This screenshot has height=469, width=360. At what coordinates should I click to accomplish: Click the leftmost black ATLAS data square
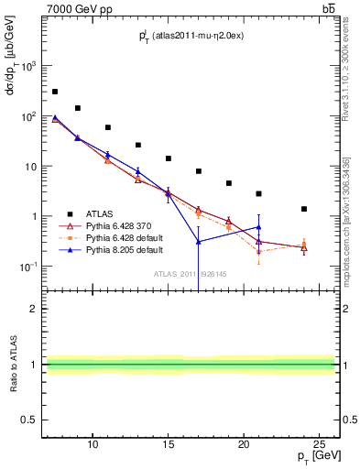pos(55,92)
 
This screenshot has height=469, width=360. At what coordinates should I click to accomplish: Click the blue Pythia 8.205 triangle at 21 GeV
pos(258,227)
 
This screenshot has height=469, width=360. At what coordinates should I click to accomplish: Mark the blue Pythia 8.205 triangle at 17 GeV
pos(199,242)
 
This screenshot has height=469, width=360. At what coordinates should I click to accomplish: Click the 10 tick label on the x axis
pos(93,444)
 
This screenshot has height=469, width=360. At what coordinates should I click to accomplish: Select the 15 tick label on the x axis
pos(168,444)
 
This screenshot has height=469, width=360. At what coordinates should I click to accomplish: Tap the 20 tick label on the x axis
pos(244,444)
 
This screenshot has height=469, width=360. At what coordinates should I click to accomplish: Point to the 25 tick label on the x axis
pos(319,444)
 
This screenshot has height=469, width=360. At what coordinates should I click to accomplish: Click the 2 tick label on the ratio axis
pos(33,310)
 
